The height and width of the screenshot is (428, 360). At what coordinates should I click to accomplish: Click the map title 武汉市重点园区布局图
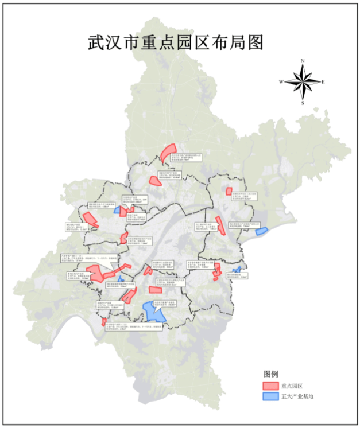coord(175,42)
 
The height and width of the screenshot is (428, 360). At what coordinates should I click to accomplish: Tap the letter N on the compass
coord(303,61)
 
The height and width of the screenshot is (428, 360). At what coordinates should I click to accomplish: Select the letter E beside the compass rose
coord(323,82)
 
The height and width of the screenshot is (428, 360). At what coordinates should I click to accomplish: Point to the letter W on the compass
coord(281,82)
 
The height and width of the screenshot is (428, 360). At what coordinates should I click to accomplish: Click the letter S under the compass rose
coord(303,103)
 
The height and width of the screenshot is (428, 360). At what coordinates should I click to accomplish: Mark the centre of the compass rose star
coord(303,82)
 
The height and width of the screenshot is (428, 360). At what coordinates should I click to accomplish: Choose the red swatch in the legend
coord(270,385)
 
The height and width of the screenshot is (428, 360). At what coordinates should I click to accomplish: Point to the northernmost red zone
coord(168,153)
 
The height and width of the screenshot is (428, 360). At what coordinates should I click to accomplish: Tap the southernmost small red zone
coord(104,322)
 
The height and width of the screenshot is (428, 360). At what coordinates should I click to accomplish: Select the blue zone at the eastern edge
coord(261,231)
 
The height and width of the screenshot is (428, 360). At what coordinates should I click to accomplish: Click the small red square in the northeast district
coord(229,191)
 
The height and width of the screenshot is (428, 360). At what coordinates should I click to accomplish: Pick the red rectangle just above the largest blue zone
coord(156,290)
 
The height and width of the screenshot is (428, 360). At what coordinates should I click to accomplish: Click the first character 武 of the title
coord(96,42)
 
